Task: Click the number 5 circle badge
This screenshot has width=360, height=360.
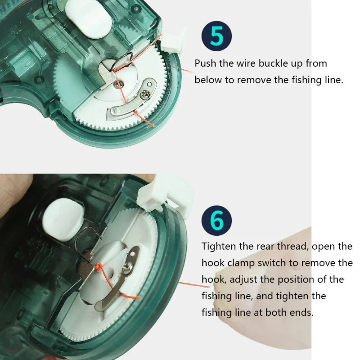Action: pos(216,36)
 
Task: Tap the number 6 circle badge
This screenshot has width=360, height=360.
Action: pos(216,220)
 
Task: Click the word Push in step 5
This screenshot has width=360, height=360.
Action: pos(206,63)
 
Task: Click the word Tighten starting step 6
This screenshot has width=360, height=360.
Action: pos(219,247)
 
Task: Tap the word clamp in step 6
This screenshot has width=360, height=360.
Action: pos(241,263)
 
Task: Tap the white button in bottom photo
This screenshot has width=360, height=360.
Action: pos(63,220)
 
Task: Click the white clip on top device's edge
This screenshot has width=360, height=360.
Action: pos(172,42)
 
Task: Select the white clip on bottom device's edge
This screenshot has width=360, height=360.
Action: pos(166,194)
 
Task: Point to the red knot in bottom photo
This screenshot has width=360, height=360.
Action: pos(99,266)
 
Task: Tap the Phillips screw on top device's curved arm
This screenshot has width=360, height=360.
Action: pos(146,94)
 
